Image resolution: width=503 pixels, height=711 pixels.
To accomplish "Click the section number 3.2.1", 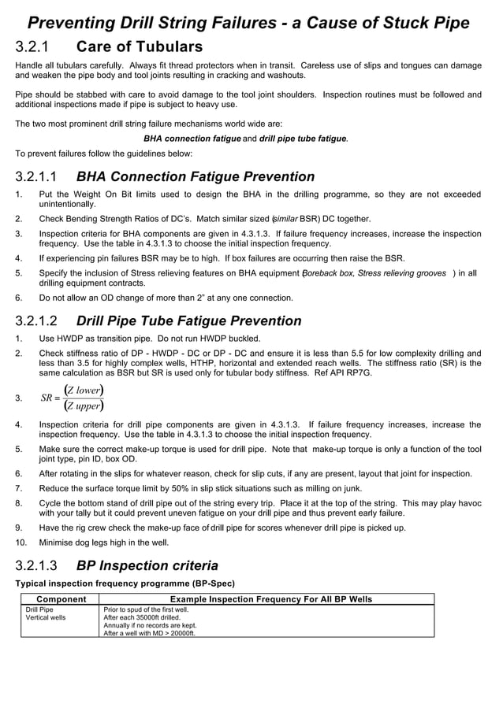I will pyautogui.click(x=35, y=47).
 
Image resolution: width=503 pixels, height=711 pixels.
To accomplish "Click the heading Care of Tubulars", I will pyautogui.click(x=139, y=47).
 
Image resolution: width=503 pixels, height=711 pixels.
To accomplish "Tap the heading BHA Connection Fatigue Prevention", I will pyautogui.click(x=195, y=177).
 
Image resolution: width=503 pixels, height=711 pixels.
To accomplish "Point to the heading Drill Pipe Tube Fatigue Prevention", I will pyautogui.click(x=188, y=320).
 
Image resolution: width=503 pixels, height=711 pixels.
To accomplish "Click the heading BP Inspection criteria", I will pyautogui.click(x=147, y=565).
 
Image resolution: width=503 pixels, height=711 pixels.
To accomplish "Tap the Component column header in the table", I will pyautogui.click(x=57, y=599).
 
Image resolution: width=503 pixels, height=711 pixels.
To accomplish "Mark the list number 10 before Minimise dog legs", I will pyautogui.click(x=20, y=543).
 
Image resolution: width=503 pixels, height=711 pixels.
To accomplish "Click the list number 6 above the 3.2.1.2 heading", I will pyautogui.click(x=19, y=298).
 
